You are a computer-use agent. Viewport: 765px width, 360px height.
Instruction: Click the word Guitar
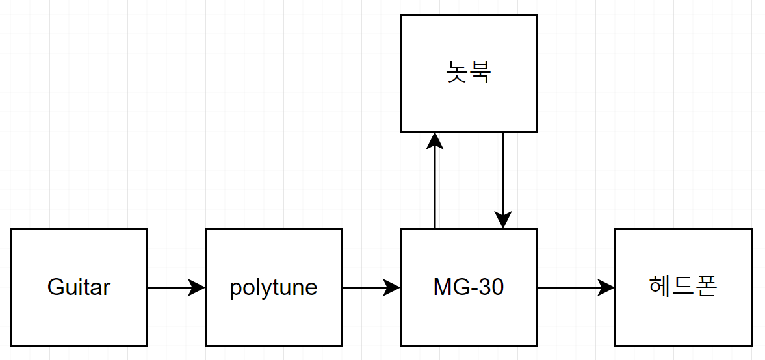click(79, 287)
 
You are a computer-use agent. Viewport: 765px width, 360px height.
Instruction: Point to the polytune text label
click(274, 287)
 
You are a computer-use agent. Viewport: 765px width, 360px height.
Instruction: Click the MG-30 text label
click(469, 287)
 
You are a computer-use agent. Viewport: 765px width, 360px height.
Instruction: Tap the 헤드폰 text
click(683, 287)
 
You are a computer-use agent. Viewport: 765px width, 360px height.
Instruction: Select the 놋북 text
click(469, 72)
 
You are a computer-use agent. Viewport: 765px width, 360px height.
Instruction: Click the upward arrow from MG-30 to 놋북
click(435, 188)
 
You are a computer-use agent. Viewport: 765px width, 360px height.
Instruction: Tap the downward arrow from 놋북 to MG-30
click(503, 175)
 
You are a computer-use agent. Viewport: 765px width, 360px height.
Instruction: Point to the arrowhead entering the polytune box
click(197, 287)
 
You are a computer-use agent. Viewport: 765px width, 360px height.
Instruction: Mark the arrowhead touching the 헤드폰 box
click(606, 287)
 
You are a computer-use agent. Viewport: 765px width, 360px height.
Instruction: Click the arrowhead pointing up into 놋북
click(435, 140)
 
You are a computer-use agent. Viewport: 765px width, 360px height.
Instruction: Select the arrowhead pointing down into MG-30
click(503, 220)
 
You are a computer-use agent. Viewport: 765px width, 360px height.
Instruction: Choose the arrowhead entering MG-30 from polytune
click(392, 287)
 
